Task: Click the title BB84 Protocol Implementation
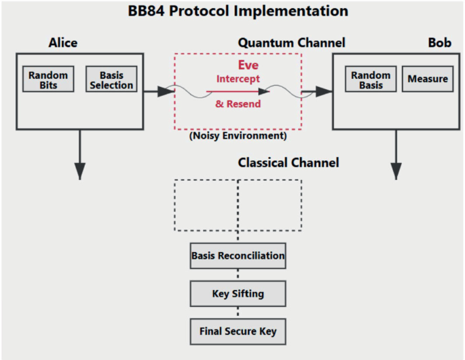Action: (238, 12)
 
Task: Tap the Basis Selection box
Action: (111, 79)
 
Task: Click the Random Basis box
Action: (371, 79)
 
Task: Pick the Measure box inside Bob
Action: (428, 79)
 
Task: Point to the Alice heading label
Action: (63, 43)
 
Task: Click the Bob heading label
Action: (439, 43)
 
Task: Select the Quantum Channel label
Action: (291, 43)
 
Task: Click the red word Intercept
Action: (238, 79)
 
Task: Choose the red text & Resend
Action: (238, 104)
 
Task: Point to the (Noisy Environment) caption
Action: (238, 136)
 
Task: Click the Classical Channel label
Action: (289, 163)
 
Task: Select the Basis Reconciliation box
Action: (238, 256)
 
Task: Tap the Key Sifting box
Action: (238, 294)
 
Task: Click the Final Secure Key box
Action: (238, 332)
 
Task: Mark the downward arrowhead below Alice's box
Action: (80, 171)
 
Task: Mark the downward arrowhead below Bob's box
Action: (396, 171)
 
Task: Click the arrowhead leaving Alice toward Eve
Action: (166, 91)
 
